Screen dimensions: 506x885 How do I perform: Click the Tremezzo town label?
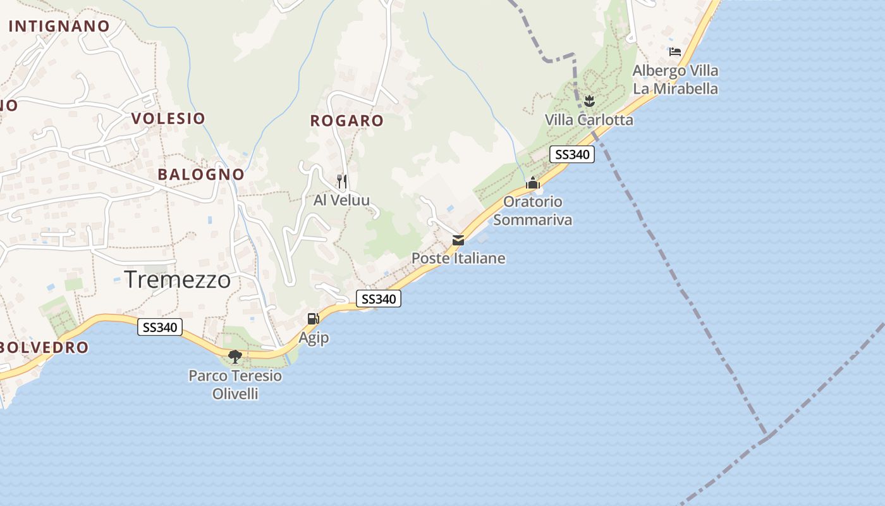coord(178,279)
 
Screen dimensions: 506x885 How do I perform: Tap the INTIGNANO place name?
coord(59,26)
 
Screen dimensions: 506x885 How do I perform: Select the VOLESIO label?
coord(168,118)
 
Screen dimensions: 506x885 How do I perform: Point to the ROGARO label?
coord(347,121)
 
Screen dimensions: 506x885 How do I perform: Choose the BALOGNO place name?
coord(201,175)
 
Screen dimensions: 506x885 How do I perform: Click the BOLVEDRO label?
coord(44,347)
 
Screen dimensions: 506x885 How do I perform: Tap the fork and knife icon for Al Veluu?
coord(341,182)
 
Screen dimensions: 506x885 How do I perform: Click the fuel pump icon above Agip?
coord(313,319)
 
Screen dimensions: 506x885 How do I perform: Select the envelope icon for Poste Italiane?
coord(458,240)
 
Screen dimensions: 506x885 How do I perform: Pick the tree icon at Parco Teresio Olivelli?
coord(235,357)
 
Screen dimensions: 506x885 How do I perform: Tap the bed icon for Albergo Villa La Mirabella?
coord(675,52)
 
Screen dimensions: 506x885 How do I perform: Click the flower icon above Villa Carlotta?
coord(589,101)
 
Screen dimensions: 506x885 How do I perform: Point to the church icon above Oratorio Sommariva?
coord(533,183)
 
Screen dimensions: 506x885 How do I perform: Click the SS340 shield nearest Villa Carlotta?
coord(571,154)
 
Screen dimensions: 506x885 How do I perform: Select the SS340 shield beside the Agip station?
coord(379,299)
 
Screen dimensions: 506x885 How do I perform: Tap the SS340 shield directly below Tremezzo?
coord(161,327)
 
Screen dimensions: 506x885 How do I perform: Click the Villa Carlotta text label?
coord(589,120)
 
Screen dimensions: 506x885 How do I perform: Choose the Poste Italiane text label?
coord(458,258)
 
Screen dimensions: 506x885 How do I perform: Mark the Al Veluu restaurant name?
coord(341,201)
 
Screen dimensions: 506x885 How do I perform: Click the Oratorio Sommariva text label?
coord(533,211)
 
